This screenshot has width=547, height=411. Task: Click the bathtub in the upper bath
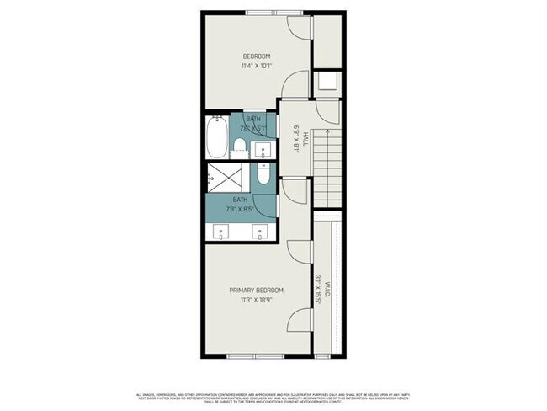[x=215, y=137]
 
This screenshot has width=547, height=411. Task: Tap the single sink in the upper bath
[x=263, y=149]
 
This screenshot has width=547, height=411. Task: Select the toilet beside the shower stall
[x=263, y=176]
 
